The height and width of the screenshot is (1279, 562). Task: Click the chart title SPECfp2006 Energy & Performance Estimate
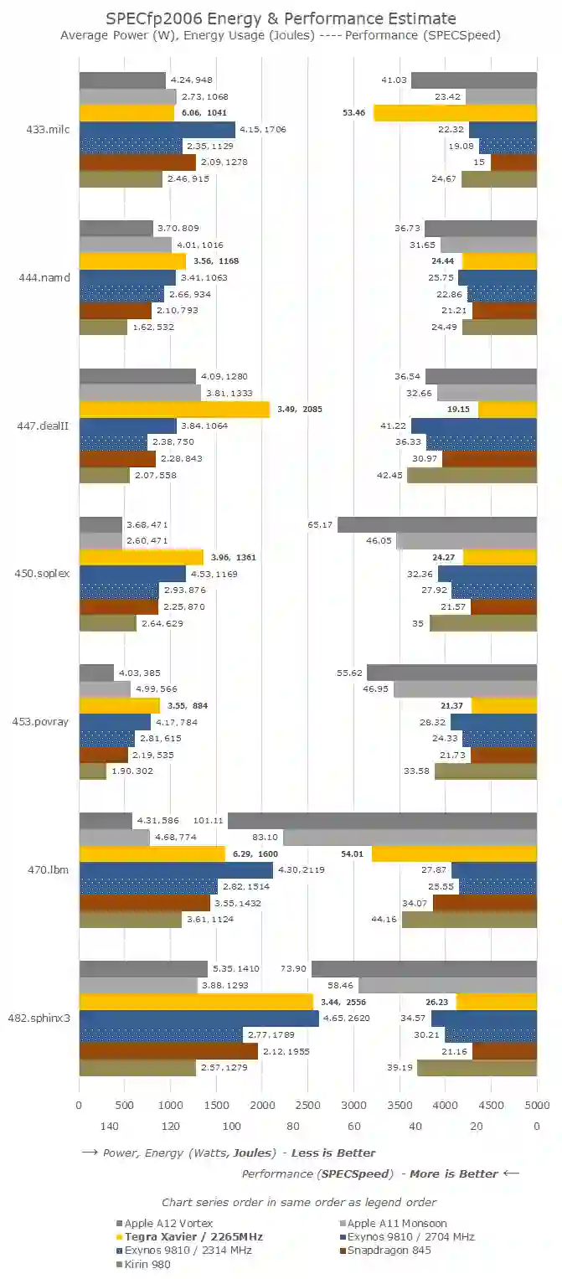click(281, 18)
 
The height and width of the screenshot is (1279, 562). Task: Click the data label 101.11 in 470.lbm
click(207, 821)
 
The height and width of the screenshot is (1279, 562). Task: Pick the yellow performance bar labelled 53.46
click(455, 113)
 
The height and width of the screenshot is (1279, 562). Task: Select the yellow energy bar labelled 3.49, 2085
click(174, 410)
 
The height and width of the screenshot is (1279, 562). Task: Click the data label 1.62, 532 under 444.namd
click(153, 327)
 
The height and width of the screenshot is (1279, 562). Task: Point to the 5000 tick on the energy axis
click(536, 1105)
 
